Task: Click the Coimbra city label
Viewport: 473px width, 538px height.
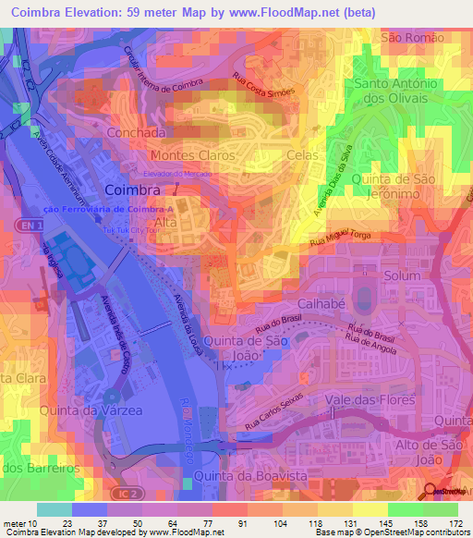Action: [x=134, y=190]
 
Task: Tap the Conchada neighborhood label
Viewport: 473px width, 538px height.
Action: [x=136, y=132]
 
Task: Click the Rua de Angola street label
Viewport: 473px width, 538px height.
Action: [x=370, y=345]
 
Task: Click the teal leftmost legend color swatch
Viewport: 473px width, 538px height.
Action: [x=54, y=509]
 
